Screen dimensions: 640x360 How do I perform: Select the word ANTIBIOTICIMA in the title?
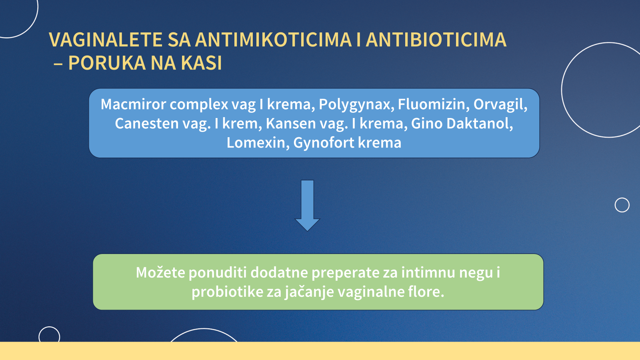(x=436, y=40)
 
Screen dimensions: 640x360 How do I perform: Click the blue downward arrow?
(x=308, y=206)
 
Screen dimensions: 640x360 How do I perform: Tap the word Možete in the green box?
(x=160, y=272)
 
